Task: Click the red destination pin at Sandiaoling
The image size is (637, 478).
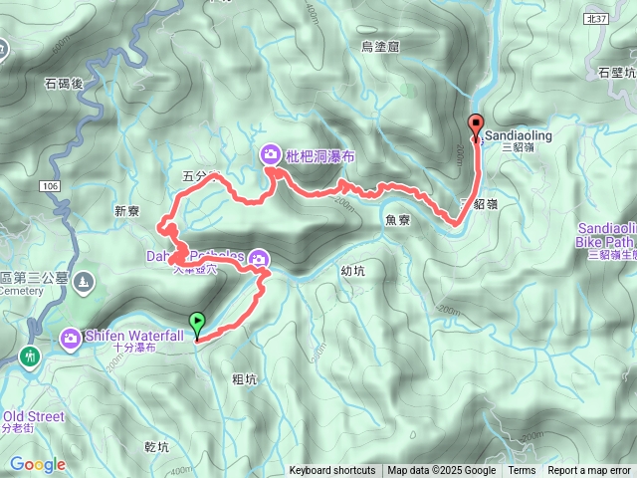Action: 476,125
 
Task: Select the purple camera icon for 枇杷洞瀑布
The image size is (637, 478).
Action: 271,154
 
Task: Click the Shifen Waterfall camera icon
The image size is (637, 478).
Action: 71,340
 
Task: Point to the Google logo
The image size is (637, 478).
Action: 37,464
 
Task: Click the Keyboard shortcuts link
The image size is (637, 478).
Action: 332,471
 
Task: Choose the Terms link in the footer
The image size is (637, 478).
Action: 522,471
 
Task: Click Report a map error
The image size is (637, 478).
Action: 589,471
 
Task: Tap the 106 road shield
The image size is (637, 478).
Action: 52,186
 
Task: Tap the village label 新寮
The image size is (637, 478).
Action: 128,210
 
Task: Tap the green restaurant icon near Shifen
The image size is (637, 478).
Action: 30,357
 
